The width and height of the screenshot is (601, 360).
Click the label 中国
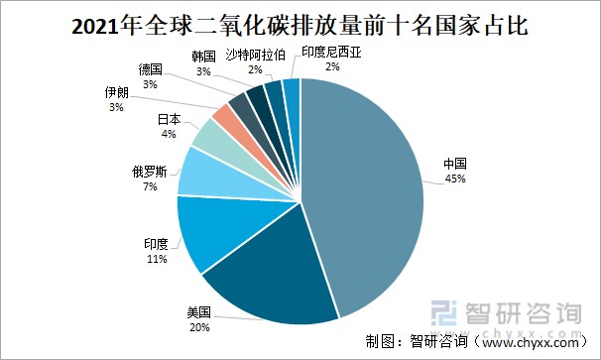(455, 164)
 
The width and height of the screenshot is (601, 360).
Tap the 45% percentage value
(455, 179)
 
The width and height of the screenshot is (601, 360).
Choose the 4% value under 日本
(169, 134)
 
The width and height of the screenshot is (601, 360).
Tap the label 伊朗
(117, 91)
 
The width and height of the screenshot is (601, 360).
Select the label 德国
(151, 70)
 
